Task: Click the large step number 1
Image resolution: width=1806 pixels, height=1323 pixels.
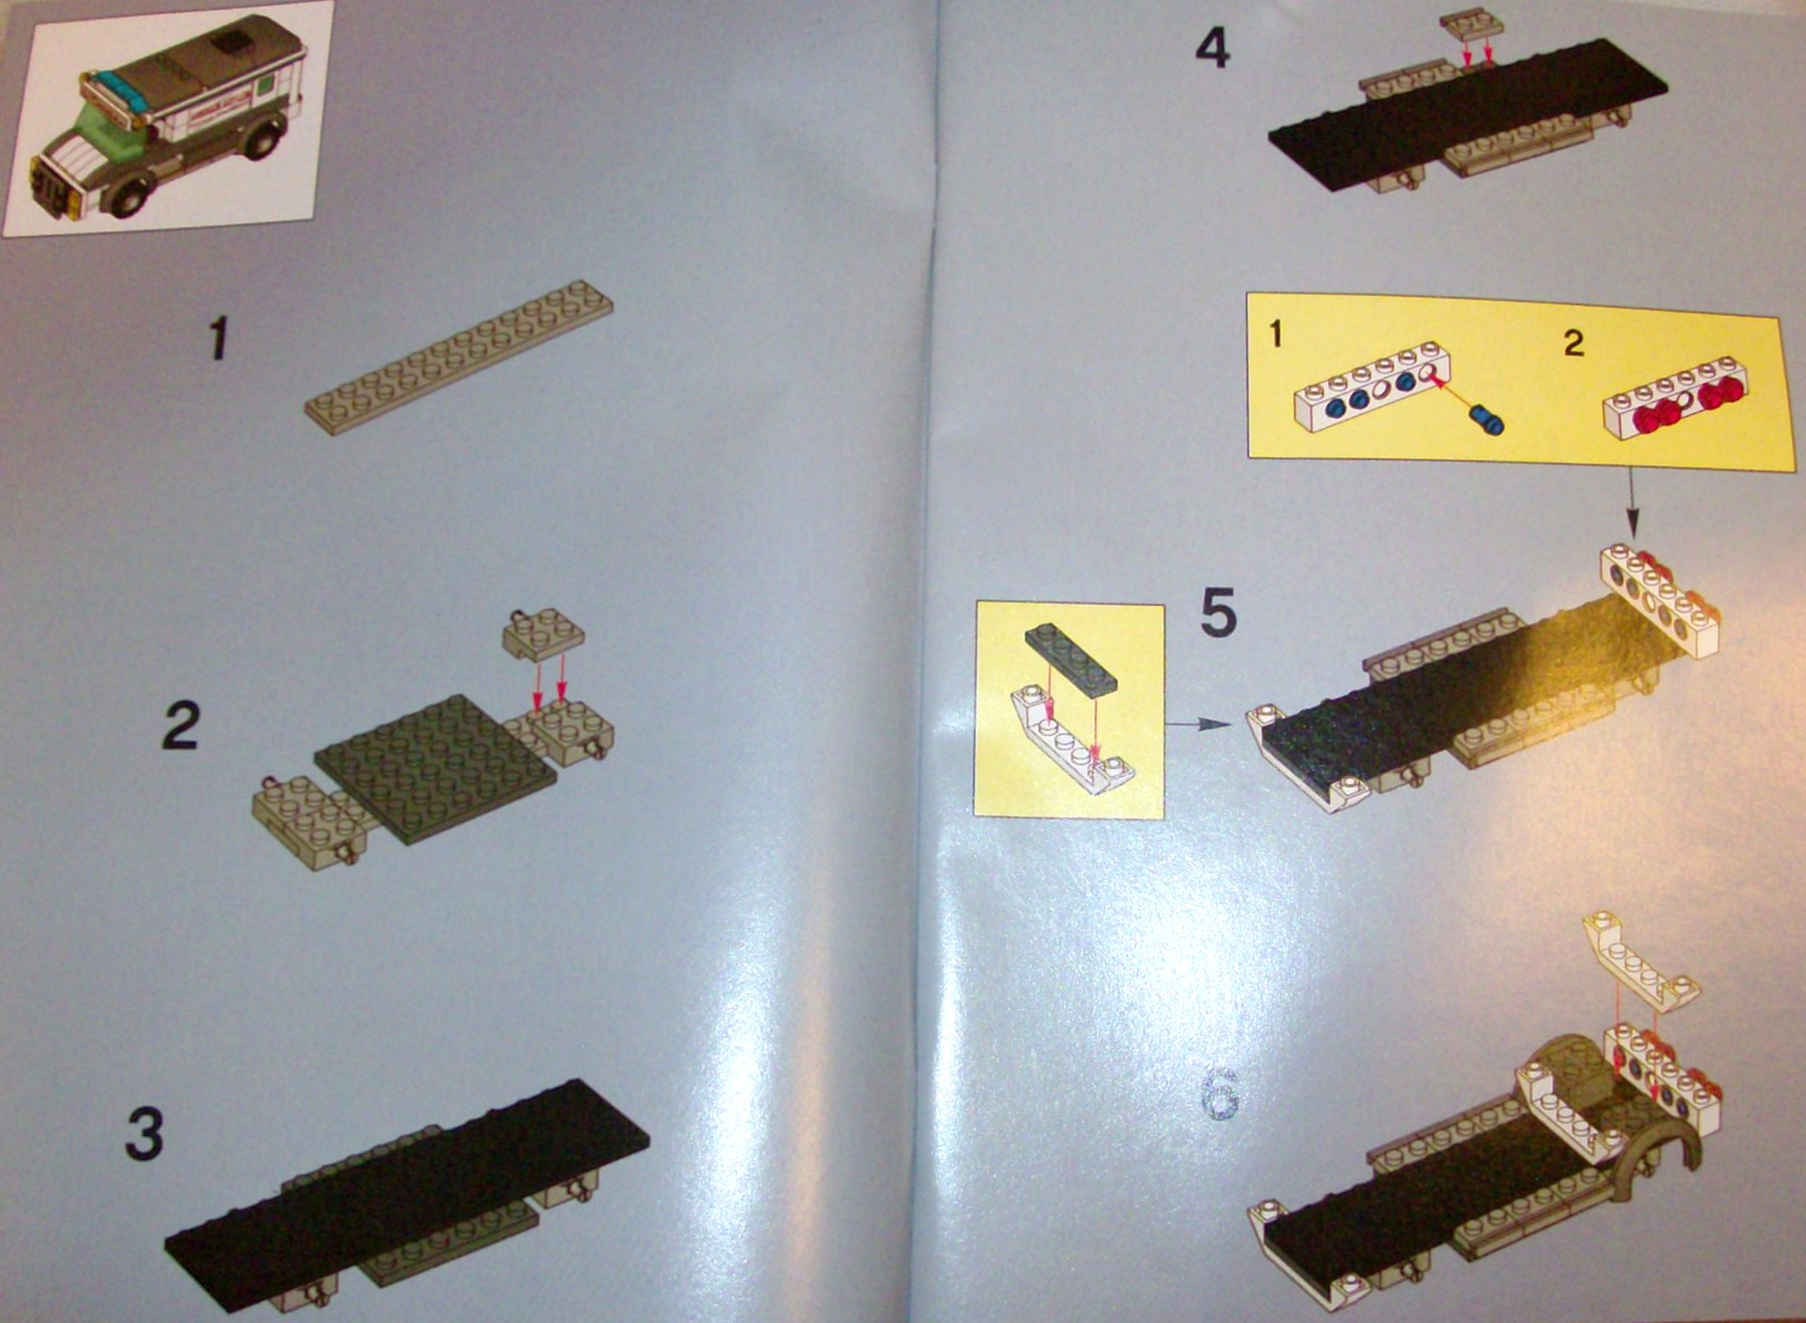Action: (x=218, y=340)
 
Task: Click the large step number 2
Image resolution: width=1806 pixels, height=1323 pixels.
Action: (x=180, y=726)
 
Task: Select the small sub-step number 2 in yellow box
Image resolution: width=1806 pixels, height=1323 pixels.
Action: (x=1574, y=343)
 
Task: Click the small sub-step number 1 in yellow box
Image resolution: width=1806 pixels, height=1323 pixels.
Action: (x=1275, y=335)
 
